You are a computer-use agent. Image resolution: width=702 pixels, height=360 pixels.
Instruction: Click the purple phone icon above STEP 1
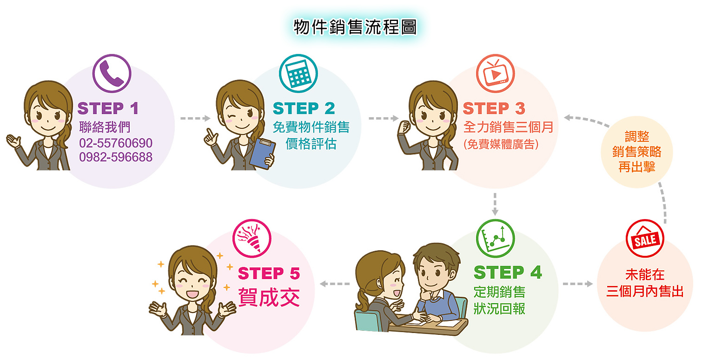(x=112, y=73)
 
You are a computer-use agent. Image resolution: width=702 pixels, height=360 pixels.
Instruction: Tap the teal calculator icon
(x=298, y=73)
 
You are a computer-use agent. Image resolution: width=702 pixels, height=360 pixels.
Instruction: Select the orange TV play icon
(x=495, y=73)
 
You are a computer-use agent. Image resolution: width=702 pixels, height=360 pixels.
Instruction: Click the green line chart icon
(x=495, y=238)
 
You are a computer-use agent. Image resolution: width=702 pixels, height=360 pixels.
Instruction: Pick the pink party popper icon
(x=252, y=238)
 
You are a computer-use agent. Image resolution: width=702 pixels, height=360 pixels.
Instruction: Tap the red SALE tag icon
(x=645, y=238)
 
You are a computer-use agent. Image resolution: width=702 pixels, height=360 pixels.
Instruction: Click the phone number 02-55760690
(x=116, y=143)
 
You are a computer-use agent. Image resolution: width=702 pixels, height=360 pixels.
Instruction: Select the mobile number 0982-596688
(x=116, y=157)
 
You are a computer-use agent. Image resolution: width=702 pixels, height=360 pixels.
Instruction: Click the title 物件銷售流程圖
(x=355, y=27)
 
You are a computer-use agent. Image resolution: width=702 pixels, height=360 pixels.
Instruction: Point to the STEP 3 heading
(x=494, y=108)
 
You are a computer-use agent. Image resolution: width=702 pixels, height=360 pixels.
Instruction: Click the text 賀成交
(x=269, y=297)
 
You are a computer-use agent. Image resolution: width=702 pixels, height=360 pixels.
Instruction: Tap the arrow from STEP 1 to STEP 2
(x=195, y=118)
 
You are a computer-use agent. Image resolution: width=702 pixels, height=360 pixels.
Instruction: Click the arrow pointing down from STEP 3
(x=495, y=204)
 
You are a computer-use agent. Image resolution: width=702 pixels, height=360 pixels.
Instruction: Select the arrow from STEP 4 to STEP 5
(x=335, y=284)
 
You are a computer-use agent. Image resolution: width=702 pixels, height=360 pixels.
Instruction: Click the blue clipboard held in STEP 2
(x=262, y=153)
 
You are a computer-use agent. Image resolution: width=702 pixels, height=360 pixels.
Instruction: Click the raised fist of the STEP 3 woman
(x=404, y=127)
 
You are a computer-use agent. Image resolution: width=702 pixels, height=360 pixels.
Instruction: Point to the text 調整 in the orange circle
(x=637, y=137)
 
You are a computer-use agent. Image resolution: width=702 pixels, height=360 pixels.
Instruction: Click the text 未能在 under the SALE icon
(x=645, y=275)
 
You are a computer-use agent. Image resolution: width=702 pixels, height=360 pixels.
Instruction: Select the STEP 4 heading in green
(x=508, y=272)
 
